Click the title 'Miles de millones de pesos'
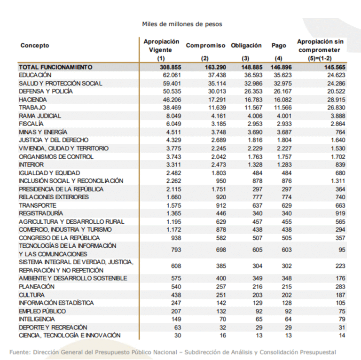(x=182, y=23)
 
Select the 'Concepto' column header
(x=35, y=46)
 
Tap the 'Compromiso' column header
(x=205, y=46)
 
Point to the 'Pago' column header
(x=279, y=46)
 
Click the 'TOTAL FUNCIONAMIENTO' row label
(x=55, y=67)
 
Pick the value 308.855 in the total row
(x=170, y=67)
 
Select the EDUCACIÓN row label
(x=35, y=75)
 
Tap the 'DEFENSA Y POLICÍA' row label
(x=46, y=91)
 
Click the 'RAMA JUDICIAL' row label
(x=40, y=116)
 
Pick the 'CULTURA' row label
(x=31, y=295)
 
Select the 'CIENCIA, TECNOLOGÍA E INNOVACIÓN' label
(x=70, y=335)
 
